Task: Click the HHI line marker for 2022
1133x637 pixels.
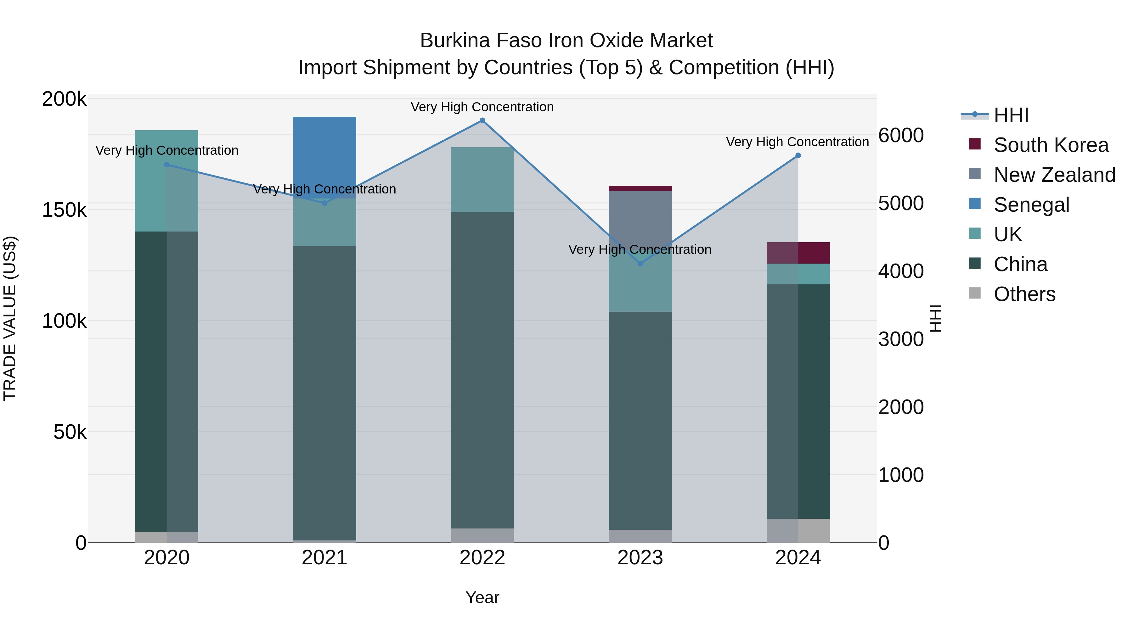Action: coord(482,120)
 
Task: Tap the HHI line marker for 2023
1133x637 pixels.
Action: coord(640,264)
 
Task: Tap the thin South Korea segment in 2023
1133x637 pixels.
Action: coord(640,189)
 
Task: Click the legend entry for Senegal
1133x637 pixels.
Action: coord(1031,205)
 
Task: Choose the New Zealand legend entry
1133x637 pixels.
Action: coord(1054,175)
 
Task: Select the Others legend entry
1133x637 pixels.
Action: coord(1024,294)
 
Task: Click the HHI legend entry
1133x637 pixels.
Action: coord(1011,115)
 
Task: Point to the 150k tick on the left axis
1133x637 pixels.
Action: coord(64,210)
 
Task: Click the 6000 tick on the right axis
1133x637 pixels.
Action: coord(901,135)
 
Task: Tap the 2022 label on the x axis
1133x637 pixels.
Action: coord(482,558)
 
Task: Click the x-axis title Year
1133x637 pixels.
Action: coord(482,597)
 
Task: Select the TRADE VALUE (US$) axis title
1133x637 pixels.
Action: coord(10,318)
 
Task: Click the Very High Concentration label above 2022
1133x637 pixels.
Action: coord(482,107)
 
